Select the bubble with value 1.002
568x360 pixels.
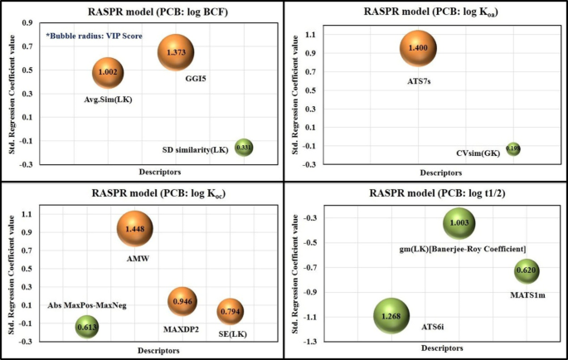(x=109, y=73)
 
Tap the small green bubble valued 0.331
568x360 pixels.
(x=244, y=148)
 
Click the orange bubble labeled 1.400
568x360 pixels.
(x=418, y=49)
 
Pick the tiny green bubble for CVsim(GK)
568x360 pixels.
(x=514, y=149)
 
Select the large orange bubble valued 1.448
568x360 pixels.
(x=135, y=227)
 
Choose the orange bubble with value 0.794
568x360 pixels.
(x=230, y=312)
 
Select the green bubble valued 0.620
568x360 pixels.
(x=527, y=270)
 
